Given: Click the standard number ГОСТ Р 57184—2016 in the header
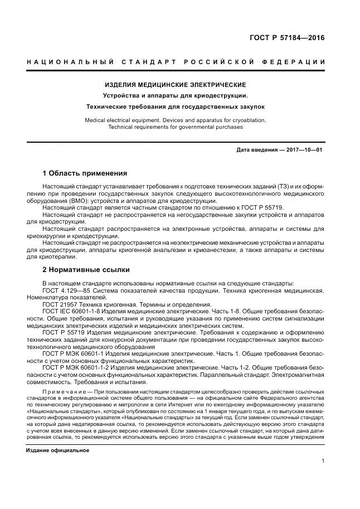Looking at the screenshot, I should (x=286, y=38).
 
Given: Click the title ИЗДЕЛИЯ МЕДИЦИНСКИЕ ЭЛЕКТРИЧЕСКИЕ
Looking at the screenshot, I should (x=176, y=85).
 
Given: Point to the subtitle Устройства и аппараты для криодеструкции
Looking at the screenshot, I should (x=176, y=95).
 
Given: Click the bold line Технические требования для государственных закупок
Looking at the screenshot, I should (x=176, y=106).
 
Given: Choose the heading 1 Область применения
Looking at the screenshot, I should (x=85, y=173).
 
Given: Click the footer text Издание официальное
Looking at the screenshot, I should (x=57, y=450).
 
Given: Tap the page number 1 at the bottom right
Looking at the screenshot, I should (x=323, y=461).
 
